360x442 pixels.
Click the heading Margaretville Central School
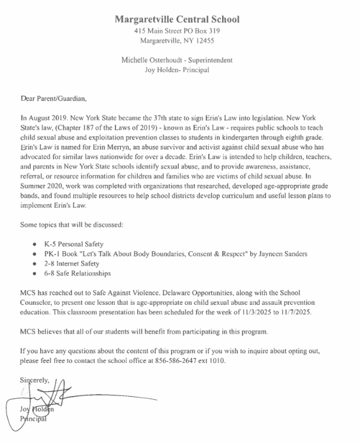(177, 19)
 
